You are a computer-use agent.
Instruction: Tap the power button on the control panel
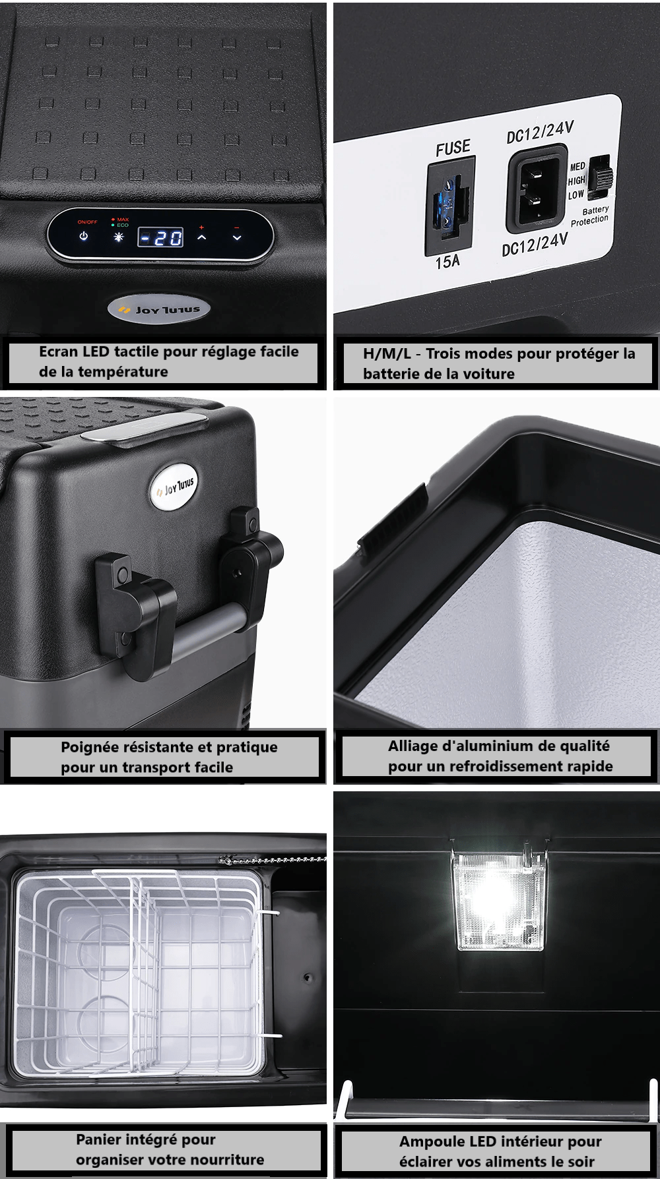coord(84,236)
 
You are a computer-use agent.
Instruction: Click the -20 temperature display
coord(160,237)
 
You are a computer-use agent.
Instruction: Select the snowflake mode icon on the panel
coord(119,237)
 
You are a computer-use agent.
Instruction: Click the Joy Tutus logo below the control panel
coord(158,309)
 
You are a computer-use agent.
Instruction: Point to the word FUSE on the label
coord(453,148)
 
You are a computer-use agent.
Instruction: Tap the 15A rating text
coord(447,262)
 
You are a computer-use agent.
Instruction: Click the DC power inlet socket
coord(537,191)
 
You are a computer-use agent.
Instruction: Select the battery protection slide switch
coord(601,177)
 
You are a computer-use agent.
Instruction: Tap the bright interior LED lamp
coord(499,899)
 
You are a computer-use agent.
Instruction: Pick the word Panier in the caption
coord(98,1139)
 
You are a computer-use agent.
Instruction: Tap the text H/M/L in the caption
coord(387,353)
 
